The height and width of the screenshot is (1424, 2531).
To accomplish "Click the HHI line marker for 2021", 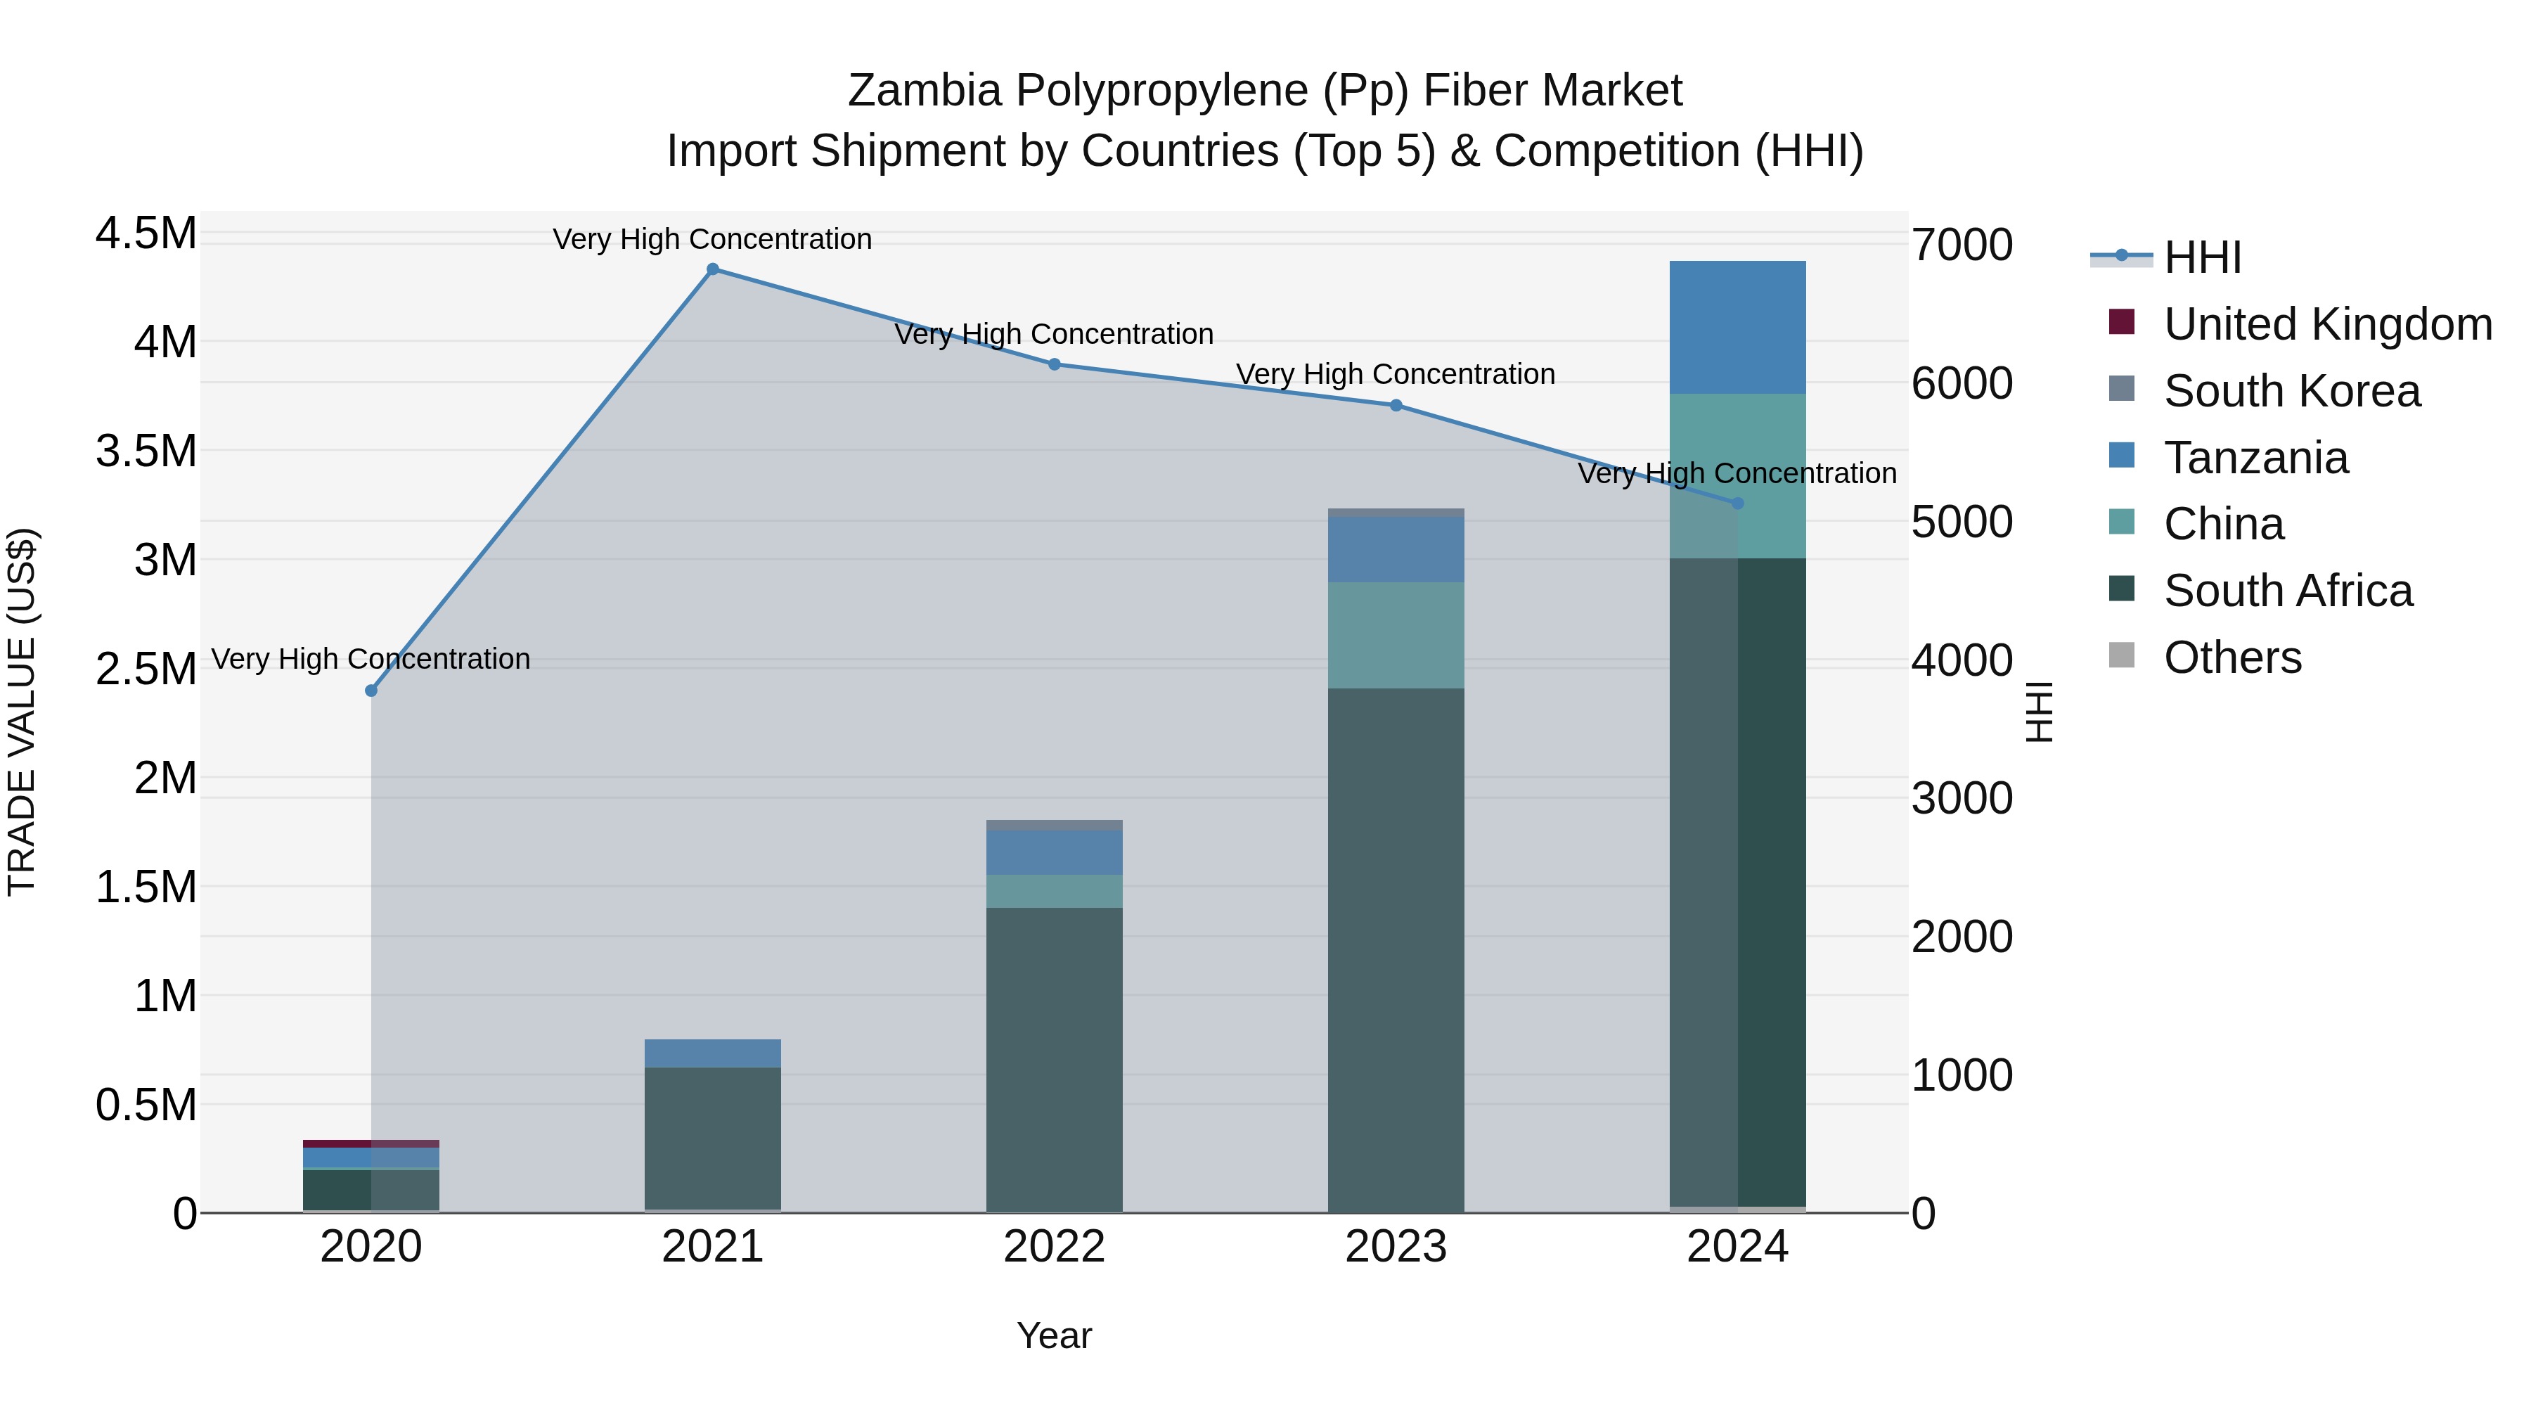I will click(x=712, y=269).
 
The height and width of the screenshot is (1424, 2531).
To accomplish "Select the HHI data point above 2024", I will click(x=1737, y=503).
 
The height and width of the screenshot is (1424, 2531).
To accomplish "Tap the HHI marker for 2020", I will click(x=371, y=691).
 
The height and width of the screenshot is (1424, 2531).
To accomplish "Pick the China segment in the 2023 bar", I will click(x=1395, y=635).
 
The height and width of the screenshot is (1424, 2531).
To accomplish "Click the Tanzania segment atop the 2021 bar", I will click(x=712, y=1053).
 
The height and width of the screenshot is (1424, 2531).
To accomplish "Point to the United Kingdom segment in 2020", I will click(x=371, y=1144).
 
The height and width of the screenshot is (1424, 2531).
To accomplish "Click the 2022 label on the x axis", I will click(x=1055, y=1247).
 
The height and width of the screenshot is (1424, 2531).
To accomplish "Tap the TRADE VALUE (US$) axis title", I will click(x=22, y=712).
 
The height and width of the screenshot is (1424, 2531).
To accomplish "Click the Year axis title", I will click(x=1055, y=1335).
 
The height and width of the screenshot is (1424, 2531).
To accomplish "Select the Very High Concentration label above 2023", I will click(x=1395, y=374).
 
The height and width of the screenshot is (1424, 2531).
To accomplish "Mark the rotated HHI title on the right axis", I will click(x=2039, y=712).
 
